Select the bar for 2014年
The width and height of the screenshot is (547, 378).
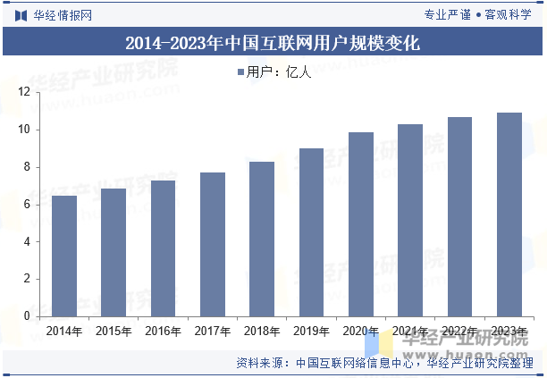pos(64,256)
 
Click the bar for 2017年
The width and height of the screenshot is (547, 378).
pos(213,244)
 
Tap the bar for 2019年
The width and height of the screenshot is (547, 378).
pos(311,232)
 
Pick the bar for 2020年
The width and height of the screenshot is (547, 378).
pos(361,224)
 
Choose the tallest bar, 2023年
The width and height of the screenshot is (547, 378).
pos(509,214)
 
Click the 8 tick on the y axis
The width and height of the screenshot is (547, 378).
pos(27,167)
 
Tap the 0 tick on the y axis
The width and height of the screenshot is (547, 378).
pos(27,316)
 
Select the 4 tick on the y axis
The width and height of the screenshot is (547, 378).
pos(27,241)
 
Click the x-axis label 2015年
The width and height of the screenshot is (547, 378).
pos(114,332)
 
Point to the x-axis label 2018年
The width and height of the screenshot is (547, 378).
pos(262,332)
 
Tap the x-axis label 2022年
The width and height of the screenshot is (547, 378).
pos(459,332)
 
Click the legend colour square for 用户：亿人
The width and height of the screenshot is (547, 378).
pos(240,72)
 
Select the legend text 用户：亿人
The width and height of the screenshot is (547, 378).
pos(279,72)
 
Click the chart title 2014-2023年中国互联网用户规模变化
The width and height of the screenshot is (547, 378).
pos(273,42)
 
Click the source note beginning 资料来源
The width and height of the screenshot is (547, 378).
pos(384,364)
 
